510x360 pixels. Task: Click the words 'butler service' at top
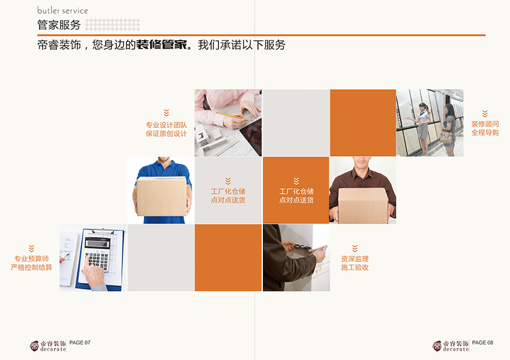[62, 11]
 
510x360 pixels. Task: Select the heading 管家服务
[59, 25]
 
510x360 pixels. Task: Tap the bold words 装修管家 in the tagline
[161, 45]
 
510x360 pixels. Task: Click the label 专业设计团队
[166, 125]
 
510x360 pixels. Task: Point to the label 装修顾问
[485, 124]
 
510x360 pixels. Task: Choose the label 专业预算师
[31, 259]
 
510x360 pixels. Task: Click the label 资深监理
[355, 259]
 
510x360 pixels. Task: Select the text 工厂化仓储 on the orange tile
[296, 191]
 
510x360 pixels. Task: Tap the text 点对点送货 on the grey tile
[228, 200]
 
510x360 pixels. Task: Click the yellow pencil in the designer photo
[232, 116]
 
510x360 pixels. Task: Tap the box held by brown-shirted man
[362, 204]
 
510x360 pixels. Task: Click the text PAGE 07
[80, 343]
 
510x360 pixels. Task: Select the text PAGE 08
[482, 343]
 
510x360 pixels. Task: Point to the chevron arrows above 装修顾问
[485, 113]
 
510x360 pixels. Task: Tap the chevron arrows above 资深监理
[355, 248]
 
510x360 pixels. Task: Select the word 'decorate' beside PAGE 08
[456, 349]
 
